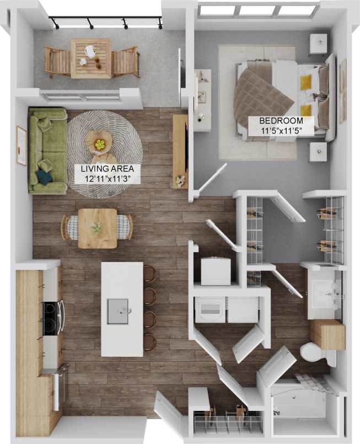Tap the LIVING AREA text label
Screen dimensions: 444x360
click(x=103, y=168)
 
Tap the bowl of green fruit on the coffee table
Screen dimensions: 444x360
click(x=99, y=144)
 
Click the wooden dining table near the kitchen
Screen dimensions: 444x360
click(x=98, y=228)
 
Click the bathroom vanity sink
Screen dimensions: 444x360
click(x=324, y=295)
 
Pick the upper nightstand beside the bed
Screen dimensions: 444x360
click(x=318, y=44)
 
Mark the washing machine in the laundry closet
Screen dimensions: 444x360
click(x=210, y=309)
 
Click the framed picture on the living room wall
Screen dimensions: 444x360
click(x=22, y=146)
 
